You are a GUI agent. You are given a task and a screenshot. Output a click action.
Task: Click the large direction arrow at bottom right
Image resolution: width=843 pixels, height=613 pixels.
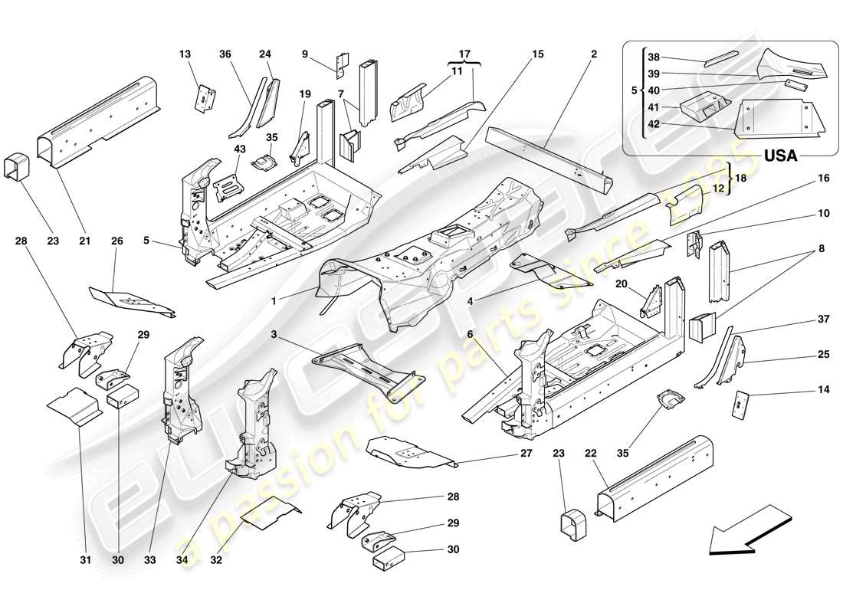click(x=747, y=529)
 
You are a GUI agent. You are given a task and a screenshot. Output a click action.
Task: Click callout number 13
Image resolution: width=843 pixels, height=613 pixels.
click(x=185, y=54)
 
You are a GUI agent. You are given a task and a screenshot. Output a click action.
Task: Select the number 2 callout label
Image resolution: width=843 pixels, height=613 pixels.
click(x=594, y=54)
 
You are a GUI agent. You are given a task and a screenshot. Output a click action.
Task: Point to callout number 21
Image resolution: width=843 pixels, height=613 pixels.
click(x=84, y=241)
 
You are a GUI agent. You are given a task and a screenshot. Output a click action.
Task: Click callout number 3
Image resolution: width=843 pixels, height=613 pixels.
click(x=274, y=334)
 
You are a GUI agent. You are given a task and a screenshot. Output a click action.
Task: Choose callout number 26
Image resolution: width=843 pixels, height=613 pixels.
click(x=116, y=241)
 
